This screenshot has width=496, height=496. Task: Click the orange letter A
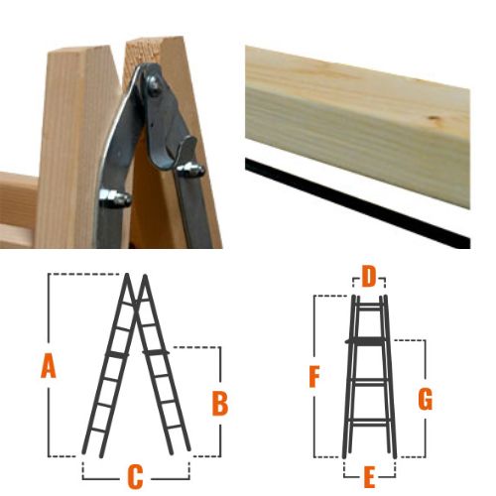click(x=49, y=365)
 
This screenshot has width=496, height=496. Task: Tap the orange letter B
click(x=220, y=403)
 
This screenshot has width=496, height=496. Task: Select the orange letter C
click(x=135, y=477)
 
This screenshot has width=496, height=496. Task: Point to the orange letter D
click(x=369, y=277)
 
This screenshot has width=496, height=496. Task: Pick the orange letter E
click(x=369, y=476)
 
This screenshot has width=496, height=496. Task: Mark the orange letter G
click(x=426, y=399)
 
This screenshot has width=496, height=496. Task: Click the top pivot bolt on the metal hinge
click(x=154, y=85)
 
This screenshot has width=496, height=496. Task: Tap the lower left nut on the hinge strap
click(x=114, y=197)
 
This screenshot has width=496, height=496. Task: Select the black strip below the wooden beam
click(x=357, y=202)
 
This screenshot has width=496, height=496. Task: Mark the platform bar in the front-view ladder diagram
click(x=366, y=341)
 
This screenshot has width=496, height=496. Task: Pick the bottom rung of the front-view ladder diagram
click(x=369, y=422)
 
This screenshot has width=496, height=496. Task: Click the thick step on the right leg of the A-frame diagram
click(x=156, y=353)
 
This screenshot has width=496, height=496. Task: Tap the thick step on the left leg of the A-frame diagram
click(x=113, y=354)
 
